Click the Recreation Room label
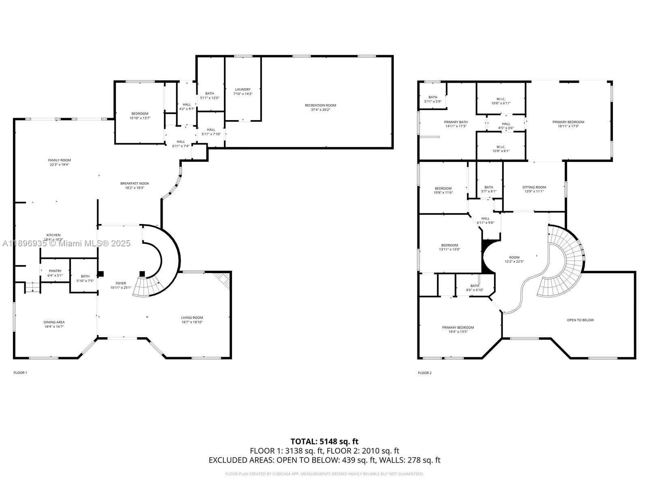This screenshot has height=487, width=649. click(320, 106)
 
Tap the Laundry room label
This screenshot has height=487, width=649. click(243, 89)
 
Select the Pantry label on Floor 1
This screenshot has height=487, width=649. click(55, 271)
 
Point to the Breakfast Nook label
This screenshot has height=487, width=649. click(135, 183)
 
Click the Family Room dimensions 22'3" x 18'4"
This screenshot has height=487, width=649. click(59, 165)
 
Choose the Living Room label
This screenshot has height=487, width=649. click(192, 318)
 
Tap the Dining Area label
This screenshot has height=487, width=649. click(54, 322)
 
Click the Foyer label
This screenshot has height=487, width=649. click(121, 283)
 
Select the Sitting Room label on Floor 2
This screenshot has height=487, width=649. click(534, 187)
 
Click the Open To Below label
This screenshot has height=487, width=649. click(580, 320)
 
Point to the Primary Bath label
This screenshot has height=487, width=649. click(456, 122)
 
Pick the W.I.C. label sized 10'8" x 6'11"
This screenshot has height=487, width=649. click(501, 99)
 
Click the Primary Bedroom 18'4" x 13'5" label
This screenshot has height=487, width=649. click(458, 328)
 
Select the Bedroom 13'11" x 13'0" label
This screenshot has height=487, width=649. click(449, 245)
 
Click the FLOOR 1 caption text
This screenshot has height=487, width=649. click(20, 373)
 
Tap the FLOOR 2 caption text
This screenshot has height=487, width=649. click(425, 373)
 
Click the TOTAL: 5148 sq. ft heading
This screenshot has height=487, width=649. click(324, 441)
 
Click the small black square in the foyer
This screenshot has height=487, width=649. click(142, 274)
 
